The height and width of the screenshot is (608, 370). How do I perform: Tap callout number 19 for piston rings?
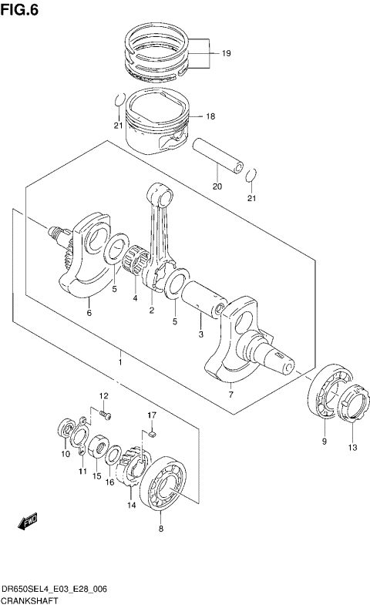(x=226, y=54)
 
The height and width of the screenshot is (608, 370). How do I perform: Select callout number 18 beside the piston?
(x=210, y=116)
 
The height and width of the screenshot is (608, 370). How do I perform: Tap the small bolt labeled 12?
(x=106, y=415)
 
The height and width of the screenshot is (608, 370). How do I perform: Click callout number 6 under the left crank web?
(x=89, y=313)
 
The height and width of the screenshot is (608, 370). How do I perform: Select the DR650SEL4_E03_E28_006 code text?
(x=54, y=589)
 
